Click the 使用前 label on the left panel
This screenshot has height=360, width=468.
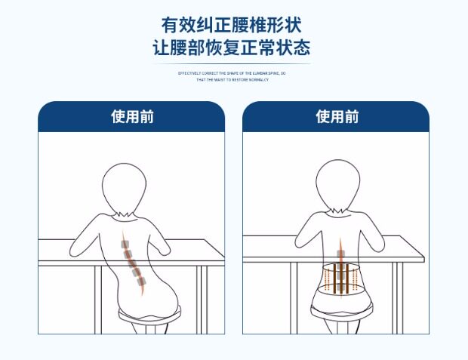click(x=132, y=117)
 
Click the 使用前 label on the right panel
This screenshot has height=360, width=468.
click(x=337, y=117)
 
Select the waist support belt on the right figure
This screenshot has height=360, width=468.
click(x=340, y=277)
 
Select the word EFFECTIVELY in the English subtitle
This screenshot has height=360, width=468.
click(x=189, y=73)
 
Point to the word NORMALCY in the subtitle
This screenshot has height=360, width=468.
click(x=259, y=78)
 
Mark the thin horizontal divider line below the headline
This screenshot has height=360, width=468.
click(x=233, y=64)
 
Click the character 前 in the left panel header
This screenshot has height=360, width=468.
click(x=148, y=117)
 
